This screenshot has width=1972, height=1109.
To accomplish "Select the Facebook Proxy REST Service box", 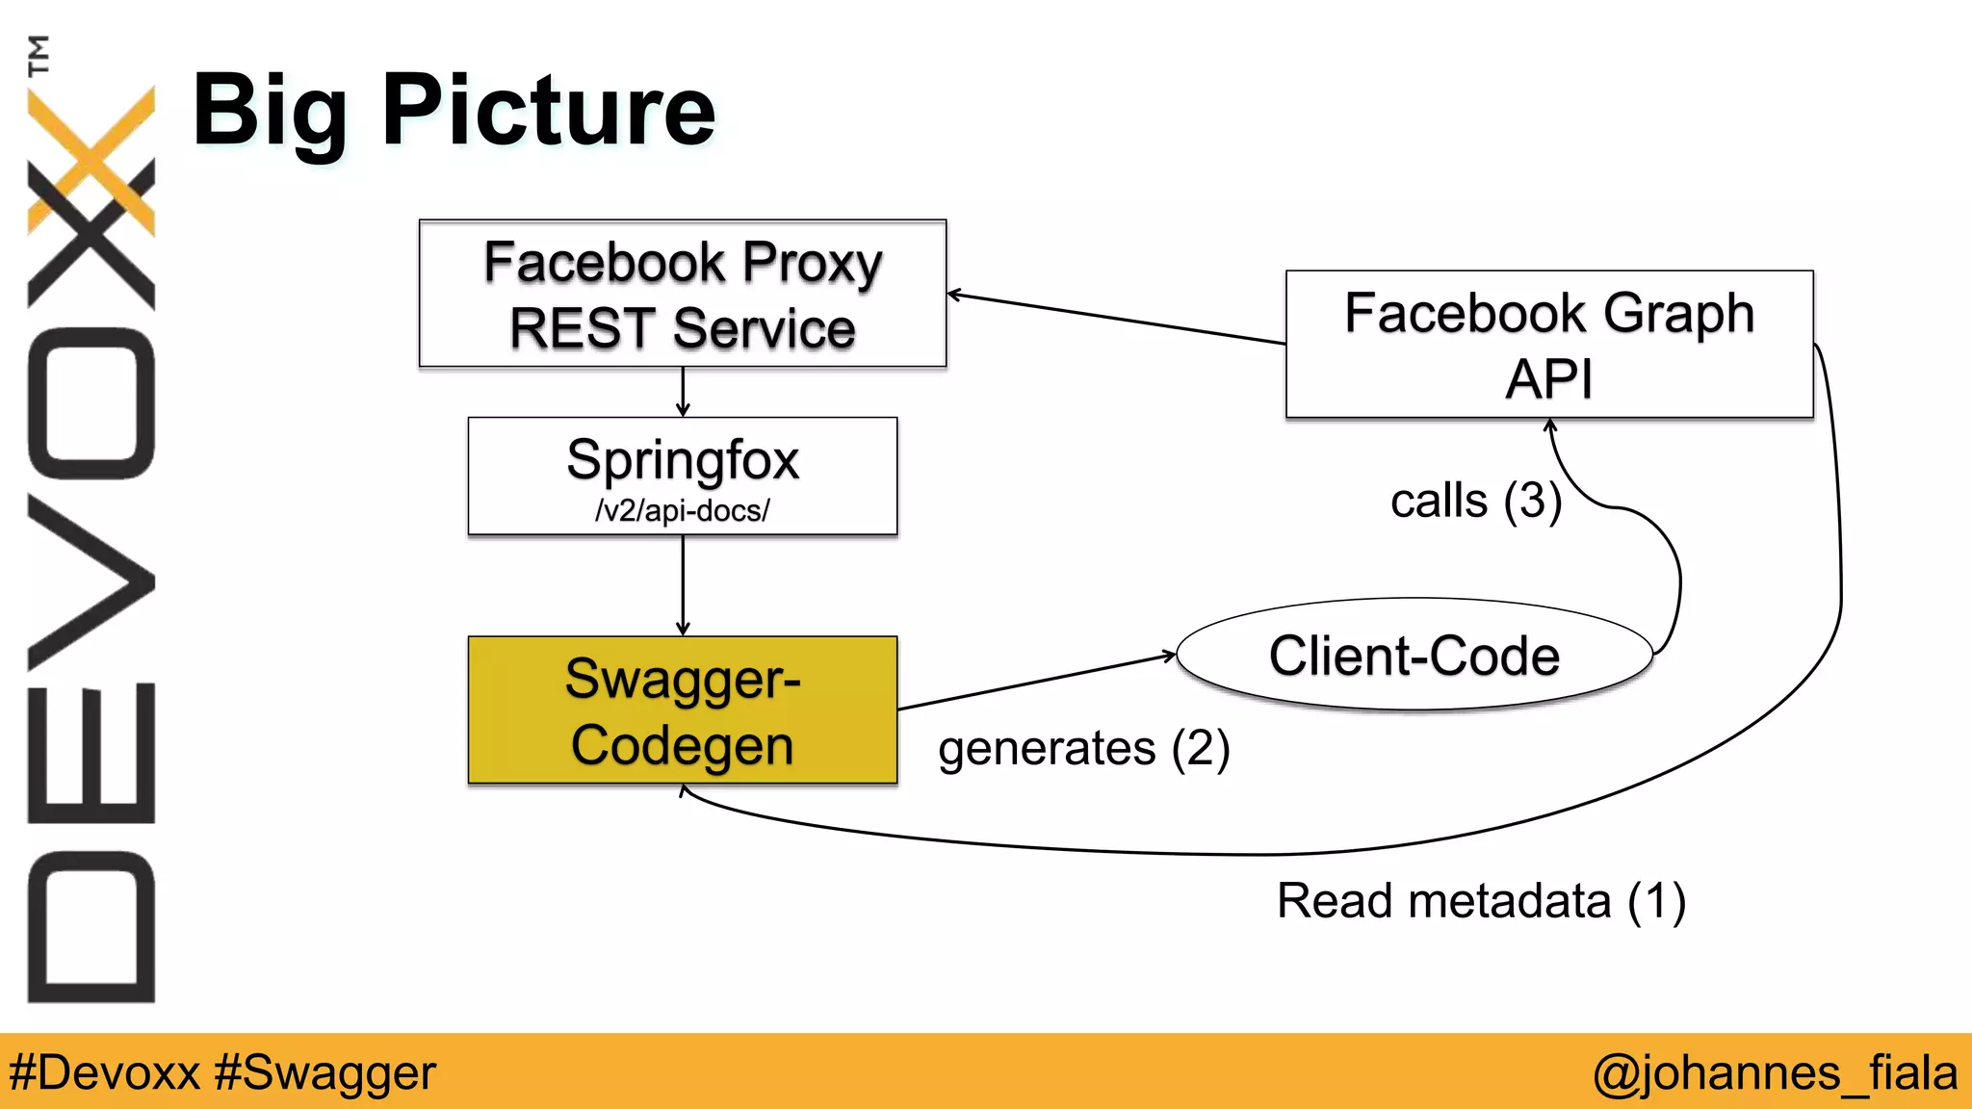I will [683, 294].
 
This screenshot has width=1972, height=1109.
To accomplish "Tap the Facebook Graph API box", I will [1549, 344].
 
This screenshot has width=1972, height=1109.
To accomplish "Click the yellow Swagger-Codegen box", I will [683, 710].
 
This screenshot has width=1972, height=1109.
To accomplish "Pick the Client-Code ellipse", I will [1414, 656].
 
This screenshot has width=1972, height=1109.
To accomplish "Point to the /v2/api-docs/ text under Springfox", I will [683, 510].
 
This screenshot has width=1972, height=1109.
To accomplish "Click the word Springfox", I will [683, 460].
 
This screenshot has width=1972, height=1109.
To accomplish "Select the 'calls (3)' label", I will [1475, 501].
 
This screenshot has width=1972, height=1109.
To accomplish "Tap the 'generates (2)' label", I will [1084, 749].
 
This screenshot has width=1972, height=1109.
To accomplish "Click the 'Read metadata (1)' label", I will [1481, 902].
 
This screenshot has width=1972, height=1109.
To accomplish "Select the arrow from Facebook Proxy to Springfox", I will [683, 391].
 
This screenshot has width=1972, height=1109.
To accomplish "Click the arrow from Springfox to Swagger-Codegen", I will [683, 585].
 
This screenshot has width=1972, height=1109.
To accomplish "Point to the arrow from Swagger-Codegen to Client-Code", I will [1035, 683].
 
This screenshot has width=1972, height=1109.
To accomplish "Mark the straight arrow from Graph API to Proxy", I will [1117, 319].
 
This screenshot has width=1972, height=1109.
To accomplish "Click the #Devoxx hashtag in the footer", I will [104, 1072].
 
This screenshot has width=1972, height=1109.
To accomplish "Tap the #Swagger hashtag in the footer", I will [325, 1072].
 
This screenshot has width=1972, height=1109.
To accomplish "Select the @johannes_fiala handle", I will [1775, 1072].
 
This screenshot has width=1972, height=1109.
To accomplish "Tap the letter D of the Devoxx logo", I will [91, 927].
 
